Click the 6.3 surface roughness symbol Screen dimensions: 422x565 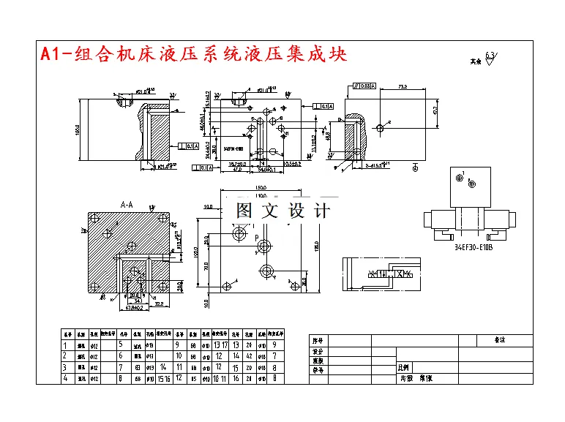coord(489,59)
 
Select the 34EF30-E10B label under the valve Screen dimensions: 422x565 coord(473,247)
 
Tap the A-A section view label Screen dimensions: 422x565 coord(127,205)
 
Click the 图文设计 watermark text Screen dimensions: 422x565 coord(282,211)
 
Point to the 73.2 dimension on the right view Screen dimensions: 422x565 coord(403,88)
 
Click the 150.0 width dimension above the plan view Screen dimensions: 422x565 coord(261,195)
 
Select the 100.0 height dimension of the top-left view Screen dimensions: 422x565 coord(77,130)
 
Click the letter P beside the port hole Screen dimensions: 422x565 coord(256,238)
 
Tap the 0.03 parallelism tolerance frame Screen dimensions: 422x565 coord(364,86)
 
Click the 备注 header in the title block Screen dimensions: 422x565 coord(501,340)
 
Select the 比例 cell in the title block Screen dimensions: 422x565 coord(404,369)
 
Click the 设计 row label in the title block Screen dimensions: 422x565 coord(317,350)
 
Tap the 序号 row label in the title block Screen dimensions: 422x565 coord(317,340)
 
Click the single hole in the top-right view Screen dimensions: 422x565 coord(379,128)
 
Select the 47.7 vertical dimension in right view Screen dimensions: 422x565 coord(435,111)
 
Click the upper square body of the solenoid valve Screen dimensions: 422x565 coord(468,186)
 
